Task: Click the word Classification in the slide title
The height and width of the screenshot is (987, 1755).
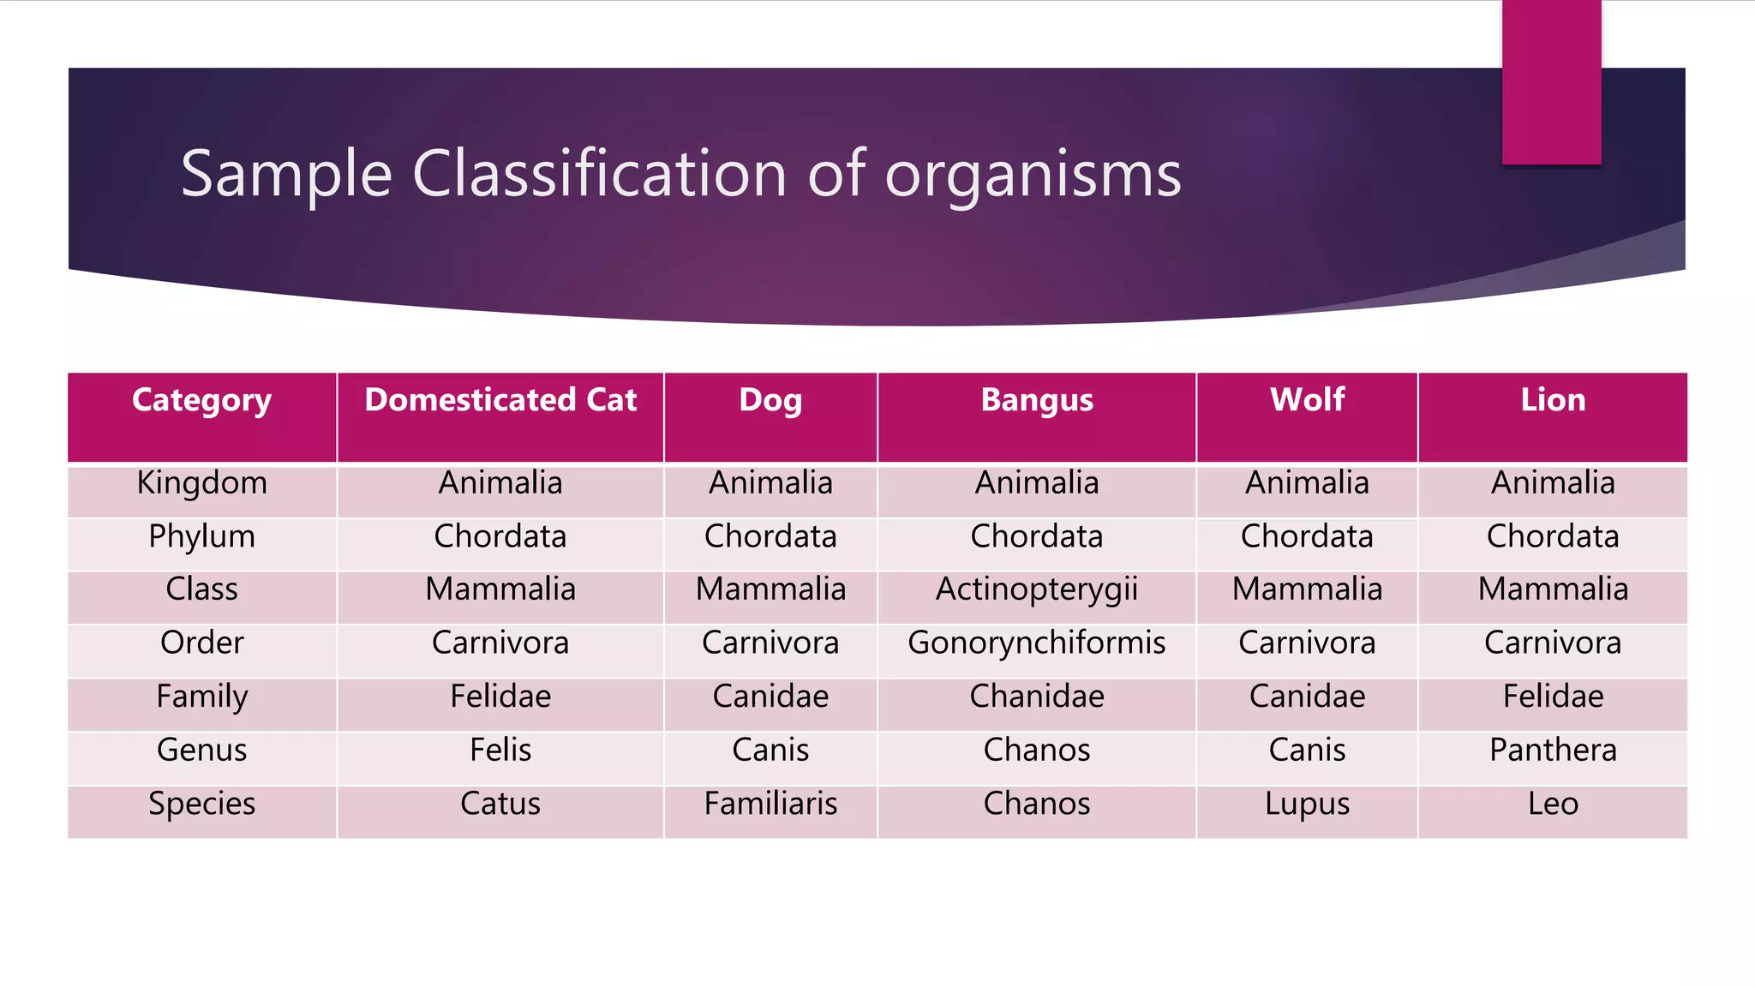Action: tap(599, 174)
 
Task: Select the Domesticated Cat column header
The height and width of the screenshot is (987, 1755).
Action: tap(500, 400)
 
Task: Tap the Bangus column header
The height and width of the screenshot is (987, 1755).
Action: tap(1037, 400)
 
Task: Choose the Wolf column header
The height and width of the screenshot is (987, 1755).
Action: tap(1307, 400)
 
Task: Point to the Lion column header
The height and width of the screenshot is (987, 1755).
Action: tap(1553, 400)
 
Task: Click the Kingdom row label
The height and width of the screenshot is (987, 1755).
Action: tap(202, 483)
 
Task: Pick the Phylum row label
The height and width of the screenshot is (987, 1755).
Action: tap(202, 537)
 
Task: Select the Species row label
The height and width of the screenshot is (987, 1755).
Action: tap(202, 804)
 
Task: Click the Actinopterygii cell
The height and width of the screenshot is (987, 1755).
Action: tap(1037, 589)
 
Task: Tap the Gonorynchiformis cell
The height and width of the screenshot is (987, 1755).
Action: tap(1037, 643)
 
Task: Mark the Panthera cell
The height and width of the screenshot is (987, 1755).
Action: tap(1553, 750)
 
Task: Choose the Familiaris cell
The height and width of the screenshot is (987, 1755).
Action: tap(770, 804)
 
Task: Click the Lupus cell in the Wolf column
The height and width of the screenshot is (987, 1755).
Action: tap(1307, 805)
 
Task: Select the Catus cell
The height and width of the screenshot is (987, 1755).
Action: tap(500, 804)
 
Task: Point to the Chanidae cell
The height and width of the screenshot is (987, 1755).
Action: tap(1037, 697)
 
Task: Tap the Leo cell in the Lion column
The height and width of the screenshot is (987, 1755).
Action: tap(1553, 804)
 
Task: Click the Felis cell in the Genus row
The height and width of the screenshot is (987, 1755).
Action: tap(500, 750)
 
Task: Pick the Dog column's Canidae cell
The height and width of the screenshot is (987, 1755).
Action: tap(770, 697)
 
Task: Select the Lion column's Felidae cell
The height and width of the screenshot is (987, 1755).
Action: tap(1553, 697)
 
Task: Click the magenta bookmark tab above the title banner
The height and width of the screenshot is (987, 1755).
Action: tap(1551, 81)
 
